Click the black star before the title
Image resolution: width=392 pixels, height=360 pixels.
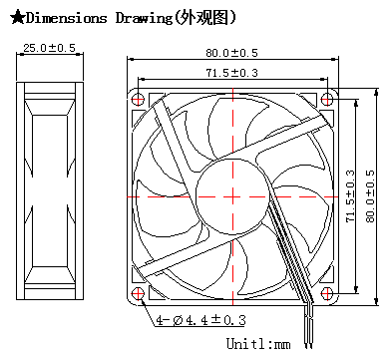pyautogui.click(x=17, y=17)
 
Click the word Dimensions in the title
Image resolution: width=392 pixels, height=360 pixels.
pyautogui.click(x=66, y=18)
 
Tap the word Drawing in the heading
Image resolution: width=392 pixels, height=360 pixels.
pyautogui.click(x=145, y=19)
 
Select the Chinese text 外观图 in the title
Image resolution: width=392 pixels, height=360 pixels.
pyautogui.click(x=204, y=18)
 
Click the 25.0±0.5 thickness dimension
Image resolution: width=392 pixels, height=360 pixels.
pyautogui.click(x=49, y=48)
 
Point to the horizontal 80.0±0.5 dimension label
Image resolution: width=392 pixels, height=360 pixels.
pyautogui.click(x=231, y=53)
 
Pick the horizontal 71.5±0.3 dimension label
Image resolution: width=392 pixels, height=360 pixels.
pyautogui.click(x=231, y=73)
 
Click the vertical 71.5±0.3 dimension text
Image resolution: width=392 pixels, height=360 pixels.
pyautogui.click(x=350, y=196)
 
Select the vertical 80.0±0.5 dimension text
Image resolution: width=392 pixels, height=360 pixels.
pyautogui.click(x=370, y=196)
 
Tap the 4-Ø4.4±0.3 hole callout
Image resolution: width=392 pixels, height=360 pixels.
pyautogui.click(x=201, y=320)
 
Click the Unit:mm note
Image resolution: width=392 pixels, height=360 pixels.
pyautogui.click(x=258, y=344)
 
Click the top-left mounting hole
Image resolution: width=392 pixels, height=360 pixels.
pyautogui.click(x=138, y=99)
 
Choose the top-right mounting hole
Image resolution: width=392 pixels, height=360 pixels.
pyautogui.click(x=327, y=99)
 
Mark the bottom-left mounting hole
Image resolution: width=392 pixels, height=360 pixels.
pyautogui.click(x=138, y=293)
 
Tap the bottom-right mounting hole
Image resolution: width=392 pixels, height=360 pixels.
pyautogui.click(x=327, y=293)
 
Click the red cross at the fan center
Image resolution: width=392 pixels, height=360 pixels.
pyautogui.click(x=232, y=196)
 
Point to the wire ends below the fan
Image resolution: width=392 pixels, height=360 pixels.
pyautogui.click(x=309, y=332)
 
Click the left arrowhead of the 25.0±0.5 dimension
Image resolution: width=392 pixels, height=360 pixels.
pyautogui.click(x=20, y=54)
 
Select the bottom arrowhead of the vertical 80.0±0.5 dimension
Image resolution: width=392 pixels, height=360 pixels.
pyautogui.click(x=376, y=301)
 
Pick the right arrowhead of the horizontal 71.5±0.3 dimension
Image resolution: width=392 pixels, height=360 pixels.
pyautogui.click(x=323, y=79)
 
